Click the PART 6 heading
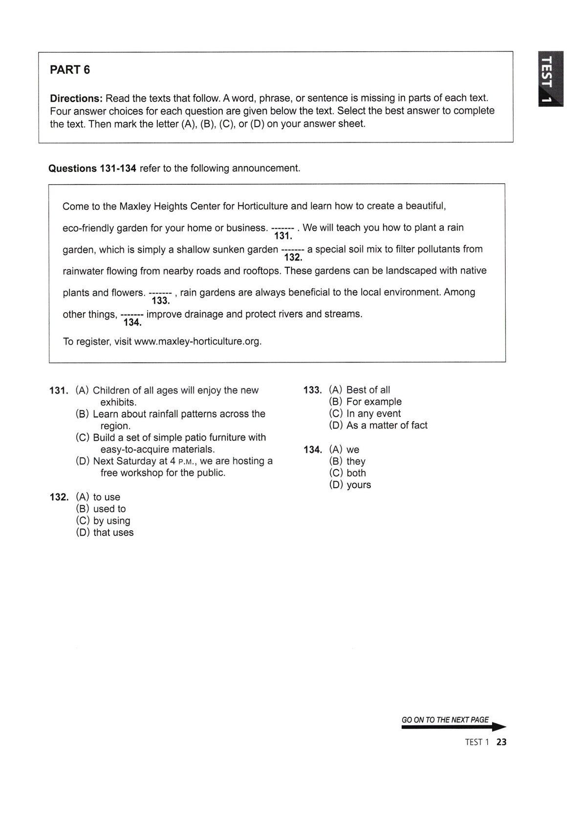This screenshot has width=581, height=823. [70, 70]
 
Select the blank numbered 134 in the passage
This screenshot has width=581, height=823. [131, 315]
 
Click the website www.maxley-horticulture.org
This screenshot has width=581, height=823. [198, 342]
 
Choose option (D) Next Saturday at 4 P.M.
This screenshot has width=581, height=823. [174, 467]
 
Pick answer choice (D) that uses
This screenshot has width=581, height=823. [105, 533]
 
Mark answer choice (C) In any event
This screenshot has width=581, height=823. [365, 413]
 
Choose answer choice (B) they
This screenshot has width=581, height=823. [347, 461]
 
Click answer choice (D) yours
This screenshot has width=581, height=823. [350, 485]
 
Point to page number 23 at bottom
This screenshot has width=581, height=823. [501, 742]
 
